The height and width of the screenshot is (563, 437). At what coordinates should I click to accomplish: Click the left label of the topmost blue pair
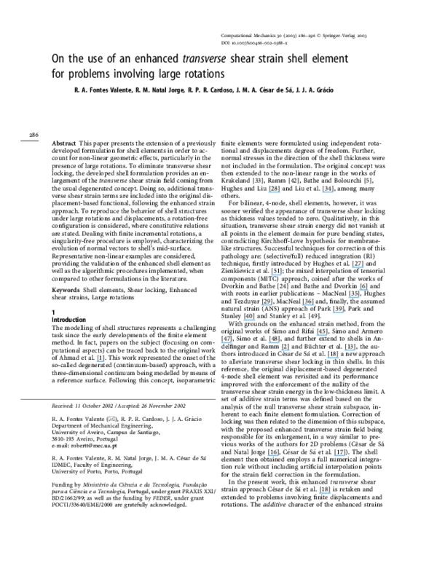[274, 192]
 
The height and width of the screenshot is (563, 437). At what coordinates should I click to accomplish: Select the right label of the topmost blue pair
[328, 192]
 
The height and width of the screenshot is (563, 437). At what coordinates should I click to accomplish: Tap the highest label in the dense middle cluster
[358, 267]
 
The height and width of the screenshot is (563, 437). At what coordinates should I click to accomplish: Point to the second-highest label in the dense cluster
[276, 275]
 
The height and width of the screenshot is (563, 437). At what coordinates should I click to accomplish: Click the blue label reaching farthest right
[363, 290]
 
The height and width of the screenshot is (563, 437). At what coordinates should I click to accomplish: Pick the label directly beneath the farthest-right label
[354, 297]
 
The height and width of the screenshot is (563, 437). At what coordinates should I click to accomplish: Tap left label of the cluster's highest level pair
[267, 304]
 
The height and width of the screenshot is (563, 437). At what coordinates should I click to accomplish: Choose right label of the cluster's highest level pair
[308, 304]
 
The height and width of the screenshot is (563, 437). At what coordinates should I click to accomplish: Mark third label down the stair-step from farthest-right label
[338, 313]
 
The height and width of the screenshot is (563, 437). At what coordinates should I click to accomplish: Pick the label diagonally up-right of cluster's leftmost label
[249, 320]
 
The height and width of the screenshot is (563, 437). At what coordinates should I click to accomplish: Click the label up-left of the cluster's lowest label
[321, 335]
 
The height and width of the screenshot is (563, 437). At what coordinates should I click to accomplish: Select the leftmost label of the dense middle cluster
[227, 342]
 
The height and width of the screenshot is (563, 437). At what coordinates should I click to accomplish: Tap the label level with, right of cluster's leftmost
[274, 342]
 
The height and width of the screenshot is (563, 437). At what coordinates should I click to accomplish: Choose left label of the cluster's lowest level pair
[286, 350]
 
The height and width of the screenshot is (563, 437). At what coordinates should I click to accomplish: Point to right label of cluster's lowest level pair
[350, 350]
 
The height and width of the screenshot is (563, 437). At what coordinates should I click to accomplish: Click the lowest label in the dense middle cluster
[333, 358]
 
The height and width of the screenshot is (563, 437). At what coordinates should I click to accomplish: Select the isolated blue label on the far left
[101, 361]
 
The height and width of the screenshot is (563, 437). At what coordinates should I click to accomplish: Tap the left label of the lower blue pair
[273, 456]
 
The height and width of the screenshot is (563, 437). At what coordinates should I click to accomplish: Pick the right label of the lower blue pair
[339, 456]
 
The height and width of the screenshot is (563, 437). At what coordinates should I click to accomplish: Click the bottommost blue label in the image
[325, 493]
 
